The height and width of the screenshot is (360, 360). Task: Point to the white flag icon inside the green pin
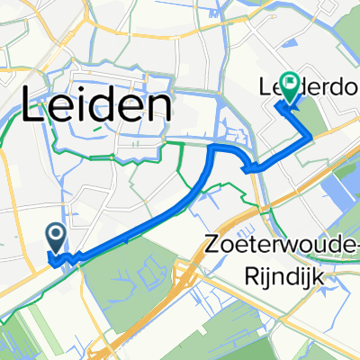click(291, 84)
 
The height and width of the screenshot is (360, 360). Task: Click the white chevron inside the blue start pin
click(55, 236)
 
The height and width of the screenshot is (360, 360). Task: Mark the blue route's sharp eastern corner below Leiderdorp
click(311, 137)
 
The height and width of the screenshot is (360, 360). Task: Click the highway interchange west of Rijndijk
click(186, 269)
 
